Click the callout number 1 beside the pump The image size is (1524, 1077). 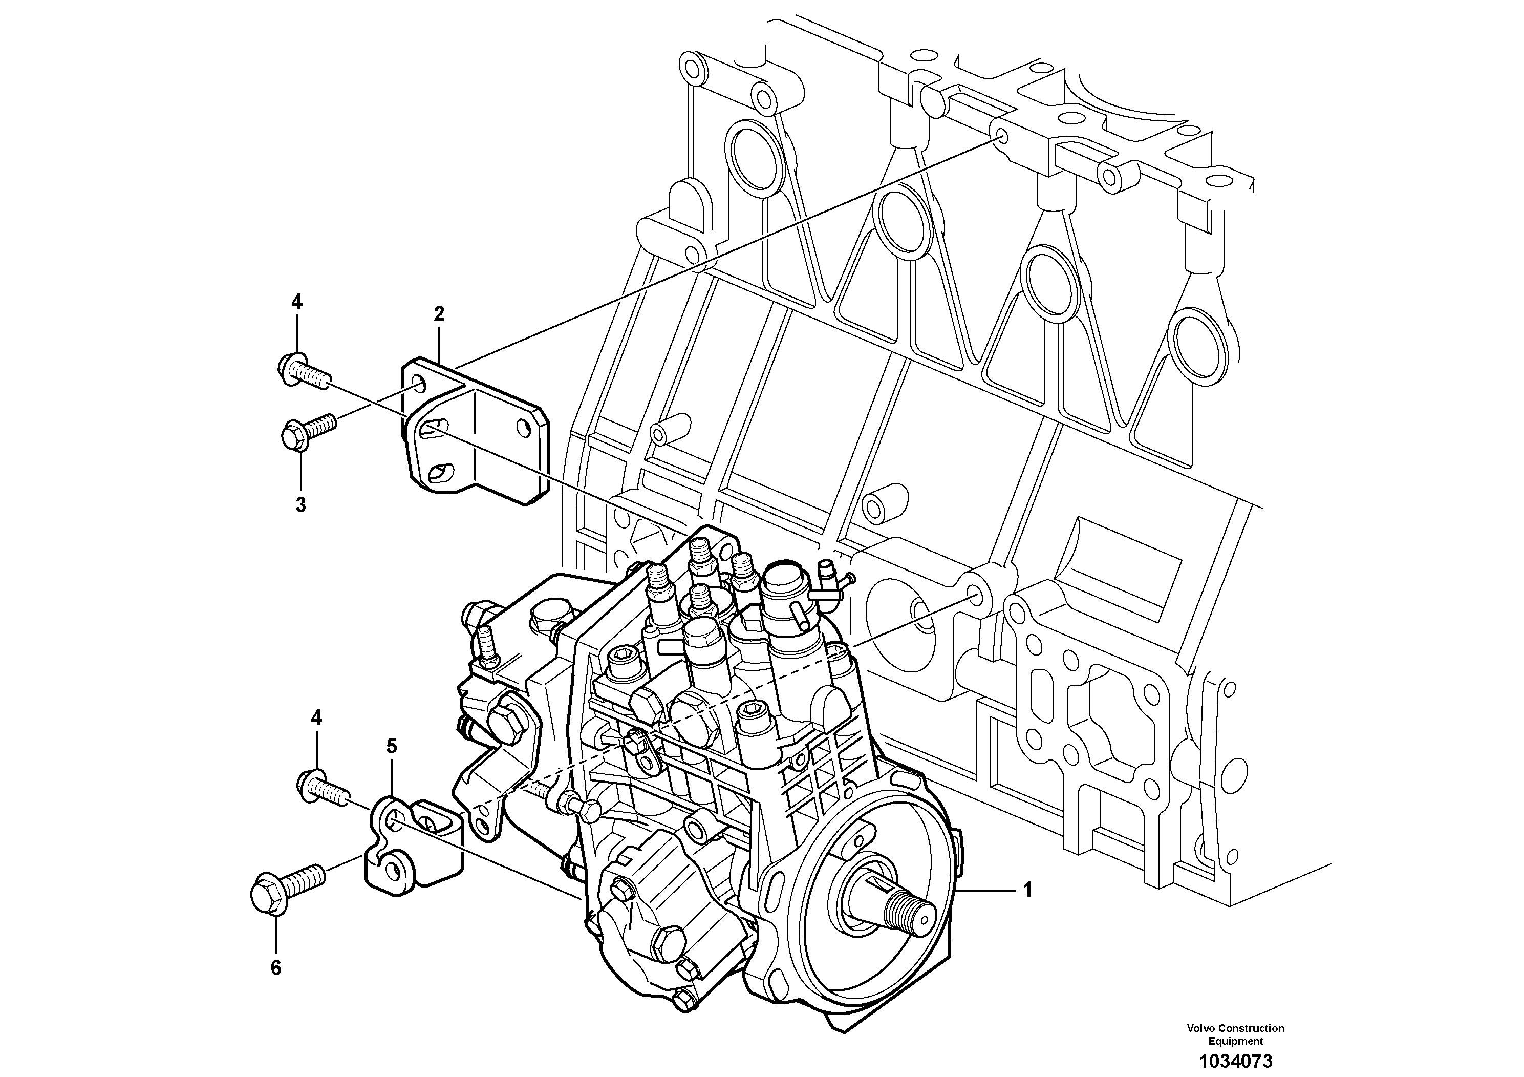pyautogui.click(x=1027, y=889)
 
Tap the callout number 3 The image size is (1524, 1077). pyautogui.click(x=300, y=504)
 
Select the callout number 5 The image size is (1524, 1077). pyautogui.click(x=392, y=746)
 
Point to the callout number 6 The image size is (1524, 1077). pyautogui.click(x=276, y=968)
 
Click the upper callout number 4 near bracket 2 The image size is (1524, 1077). pyautogui.click(x=297, y=302)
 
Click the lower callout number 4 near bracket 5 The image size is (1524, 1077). pyautogui.click(x=316, y=717)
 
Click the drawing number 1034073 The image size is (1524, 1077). pyautogui.click(x=1235, y=1061)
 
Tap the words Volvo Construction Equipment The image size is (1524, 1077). pyautogui.click(x=1235, y=1034)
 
